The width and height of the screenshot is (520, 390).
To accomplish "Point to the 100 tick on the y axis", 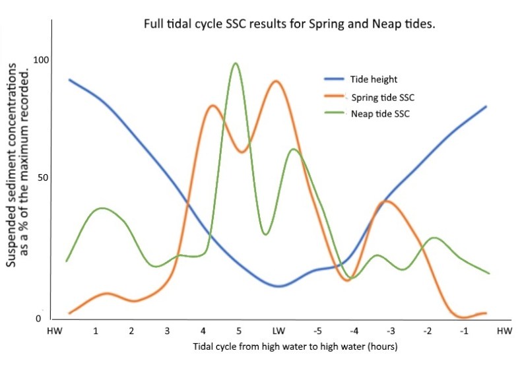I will [42, 60].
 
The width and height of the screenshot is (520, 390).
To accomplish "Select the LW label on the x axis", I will [278, 330].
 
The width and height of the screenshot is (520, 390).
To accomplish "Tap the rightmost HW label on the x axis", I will [504, 330].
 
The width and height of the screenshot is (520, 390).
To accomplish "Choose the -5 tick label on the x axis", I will [317, 330].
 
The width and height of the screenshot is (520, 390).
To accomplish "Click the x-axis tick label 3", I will [167, 330].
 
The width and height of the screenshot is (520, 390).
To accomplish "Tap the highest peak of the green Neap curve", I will [236, 63].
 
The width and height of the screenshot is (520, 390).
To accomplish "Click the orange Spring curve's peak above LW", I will [276, 81].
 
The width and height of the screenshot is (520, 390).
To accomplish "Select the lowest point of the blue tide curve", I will [278, 286].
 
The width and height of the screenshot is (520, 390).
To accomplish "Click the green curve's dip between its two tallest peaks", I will [265, 234].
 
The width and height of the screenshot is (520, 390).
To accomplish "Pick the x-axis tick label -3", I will [391, 330].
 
